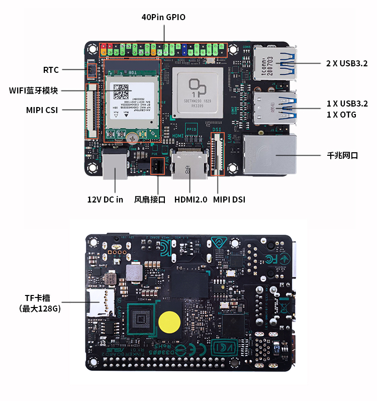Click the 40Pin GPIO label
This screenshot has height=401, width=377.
(x=163, y=17)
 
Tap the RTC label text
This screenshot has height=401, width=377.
(x=51, y=70)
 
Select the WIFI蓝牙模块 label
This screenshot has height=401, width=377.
(x=33, y=90)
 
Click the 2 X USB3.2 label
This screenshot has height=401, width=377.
(x=347, y=63)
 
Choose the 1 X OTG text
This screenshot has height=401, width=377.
(x=341, y=115)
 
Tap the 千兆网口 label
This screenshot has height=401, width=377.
(x=342, y=156)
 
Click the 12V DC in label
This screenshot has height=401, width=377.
(x=105, y=199)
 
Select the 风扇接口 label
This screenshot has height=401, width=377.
(x=150, y=199)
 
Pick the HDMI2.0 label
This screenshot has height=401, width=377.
(x=191, y=199)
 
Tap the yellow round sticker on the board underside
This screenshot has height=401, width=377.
(x=169, y=322)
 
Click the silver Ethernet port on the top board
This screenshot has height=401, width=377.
(x=269, y=155)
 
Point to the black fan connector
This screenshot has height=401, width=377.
(x=157, y=165)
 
